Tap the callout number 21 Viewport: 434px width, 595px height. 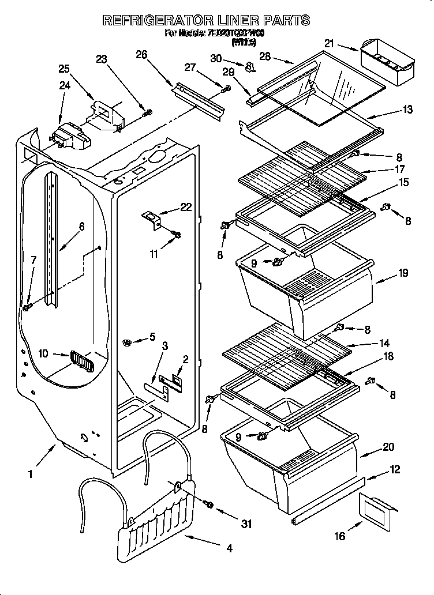click(x=330, y=43)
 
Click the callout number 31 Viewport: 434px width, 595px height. click(x=247, y=524)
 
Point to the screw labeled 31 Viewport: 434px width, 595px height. click(x=209, y=505)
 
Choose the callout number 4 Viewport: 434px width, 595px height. click(x=229, y=549)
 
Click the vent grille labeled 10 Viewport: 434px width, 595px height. click(x=81, y=363)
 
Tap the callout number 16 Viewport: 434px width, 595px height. click(x=340, y=536)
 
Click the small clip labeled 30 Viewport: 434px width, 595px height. click(x=249, y=67)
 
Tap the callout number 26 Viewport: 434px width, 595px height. click(x=141, y=55)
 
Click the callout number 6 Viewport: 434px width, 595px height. click(x=81, y=227)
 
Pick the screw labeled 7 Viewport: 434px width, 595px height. click(x=26, y=308)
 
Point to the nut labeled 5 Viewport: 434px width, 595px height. click(x=126, y=344)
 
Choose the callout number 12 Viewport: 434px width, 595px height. click(x=395, y=470)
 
